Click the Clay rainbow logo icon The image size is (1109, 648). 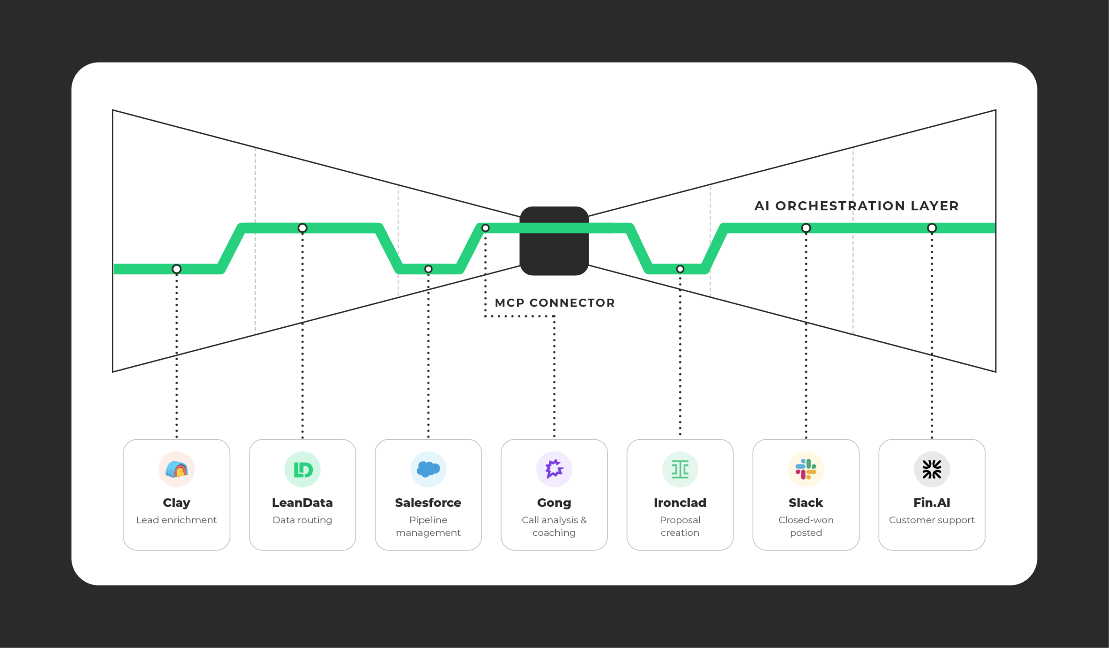[176, 470]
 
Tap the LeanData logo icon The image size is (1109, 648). [302, 470]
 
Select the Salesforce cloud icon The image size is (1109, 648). [428, 470]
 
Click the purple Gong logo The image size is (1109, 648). [554, 470]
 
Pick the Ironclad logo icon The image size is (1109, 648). [680, 470]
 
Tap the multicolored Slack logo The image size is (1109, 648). [806, 470]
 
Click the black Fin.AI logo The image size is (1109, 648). [932, 470]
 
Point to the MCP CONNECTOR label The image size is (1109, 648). [554, 303]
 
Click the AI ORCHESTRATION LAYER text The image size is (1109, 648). [856, 206]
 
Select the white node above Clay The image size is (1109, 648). [176, 269]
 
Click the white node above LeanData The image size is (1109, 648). [302, 228]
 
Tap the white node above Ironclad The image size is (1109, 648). [680, 269]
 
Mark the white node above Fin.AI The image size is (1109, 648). [932, 228]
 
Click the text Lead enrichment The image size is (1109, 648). [176, 520]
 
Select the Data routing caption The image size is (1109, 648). [302, 520]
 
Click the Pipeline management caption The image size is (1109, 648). [428, 526]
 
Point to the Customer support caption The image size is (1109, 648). [932, 520]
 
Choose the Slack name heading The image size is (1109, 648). [806, 503]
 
